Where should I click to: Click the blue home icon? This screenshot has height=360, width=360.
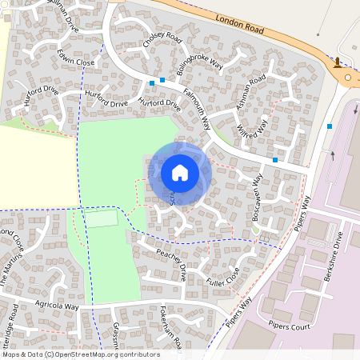pyautogui.click(x=180, y=173)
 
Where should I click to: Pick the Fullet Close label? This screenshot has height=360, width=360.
pyautogui.click(x=222, y=277)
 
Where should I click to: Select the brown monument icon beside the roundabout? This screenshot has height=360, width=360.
pyautogui.click(x=338, y=62)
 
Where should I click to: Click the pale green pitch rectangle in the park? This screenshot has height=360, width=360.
pyautogui.click(x=102, y=218)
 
